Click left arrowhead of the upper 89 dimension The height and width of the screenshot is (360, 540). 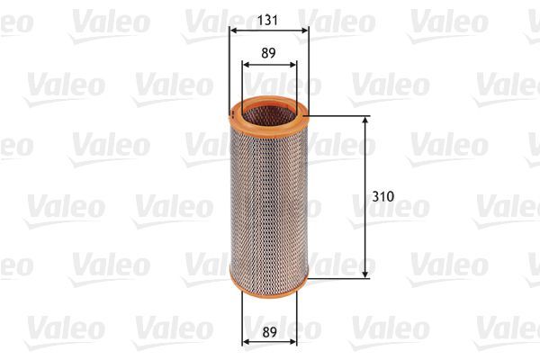point(246,65)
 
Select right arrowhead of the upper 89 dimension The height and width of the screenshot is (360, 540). point(293,65)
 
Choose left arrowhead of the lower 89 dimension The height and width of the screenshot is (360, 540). point(246,342)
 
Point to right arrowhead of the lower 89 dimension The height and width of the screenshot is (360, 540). point(293,342)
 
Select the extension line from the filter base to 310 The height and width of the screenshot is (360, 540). point(337,277)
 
